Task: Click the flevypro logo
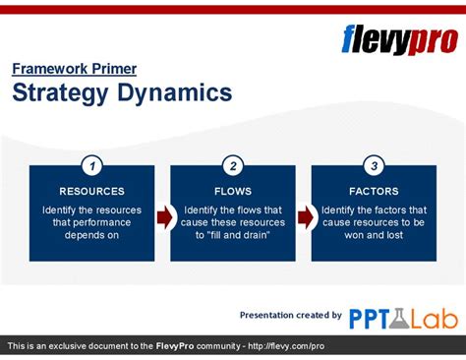[399, 40]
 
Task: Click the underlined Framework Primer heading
[74, 69]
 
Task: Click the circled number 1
[91, 165]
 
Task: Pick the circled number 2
[233, 165]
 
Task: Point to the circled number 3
[374, 165]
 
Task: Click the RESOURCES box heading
[91, 191]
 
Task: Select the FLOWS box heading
[233, 191]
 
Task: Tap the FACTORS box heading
[374, 191]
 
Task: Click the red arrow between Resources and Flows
[163, 216]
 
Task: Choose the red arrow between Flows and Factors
[305, 216]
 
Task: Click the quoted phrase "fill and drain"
[233, 235]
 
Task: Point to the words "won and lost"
[374, 235]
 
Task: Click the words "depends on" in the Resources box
[91, 235]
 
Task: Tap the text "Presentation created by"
[290, 315]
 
